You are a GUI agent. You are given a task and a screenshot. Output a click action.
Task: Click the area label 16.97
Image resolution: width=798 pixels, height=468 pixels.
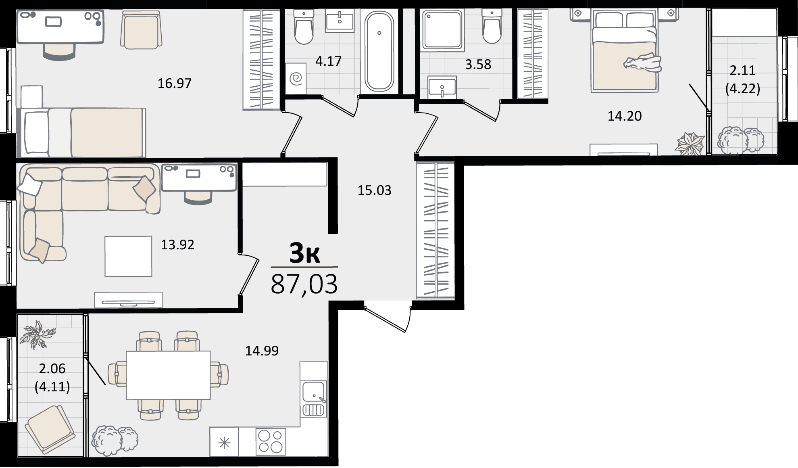click(175, 84)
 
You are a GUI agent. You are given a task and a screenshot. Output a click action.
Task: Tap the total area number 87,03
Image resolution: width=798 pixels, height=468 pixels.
click(304, 284)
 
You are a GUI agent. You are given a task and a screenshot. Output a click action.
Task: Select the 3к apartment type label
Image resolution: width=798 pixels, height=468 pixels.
click(305, 253)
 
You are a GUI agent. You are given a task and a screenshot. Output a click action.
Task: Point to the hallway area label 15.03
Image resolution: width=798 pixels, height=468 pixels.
click(375, 190)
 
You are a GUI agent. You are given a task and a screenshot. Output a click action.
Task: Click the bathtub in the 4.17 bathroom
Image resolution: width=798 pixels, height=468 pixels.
click(379, 51)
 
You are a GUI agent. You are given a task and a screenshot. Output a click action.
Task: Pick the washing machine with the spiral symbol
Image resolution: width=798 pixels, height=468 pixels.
click(296, 78)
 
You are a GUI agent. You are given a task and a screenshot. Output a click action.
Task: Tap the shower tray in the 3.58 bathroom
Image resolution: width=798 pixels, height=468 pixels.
click(442, 30)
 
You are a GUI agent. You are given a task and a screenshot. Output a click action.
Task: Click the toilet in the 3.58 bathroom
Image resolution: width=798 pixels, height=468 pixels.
click(491, 26)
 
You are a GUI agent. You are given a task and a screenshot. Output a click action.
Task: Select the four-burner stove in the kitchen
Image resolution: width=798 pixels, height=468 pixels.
click(271, 441)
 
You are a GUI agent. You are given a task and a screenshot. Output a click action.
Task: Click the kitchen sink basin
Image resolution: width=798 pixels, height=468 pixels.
click(314, 392)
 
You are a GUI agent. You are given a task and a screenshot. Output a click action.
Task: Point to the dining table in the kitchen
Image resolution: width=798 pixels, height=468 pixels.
click(168, 375)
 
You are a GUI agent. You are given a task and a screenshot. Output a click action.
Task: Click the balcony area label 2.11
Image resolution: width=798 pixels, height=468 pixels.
click(743, 71)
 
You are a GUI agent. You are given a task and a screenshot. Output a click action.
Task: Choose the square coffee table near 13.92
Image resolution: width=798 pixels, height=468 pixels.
click(128, 256)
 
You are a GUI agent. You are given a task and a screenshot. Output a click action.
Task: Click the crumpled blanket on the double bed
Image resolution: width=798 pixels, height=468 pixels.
click(643, 63)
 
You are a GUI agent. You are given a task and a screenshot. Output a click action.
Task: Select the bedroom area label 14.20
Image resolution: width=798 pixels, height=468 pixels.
click(625, 116)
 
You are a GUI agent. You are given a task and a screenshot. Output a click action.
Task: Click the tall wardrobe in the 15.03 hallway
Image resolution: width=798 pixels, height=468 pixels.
click(435, 230)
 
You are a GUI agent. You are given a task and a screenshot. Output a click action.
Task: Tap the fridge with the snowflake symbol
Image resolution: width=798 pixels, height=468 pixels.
click(224, 442)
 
